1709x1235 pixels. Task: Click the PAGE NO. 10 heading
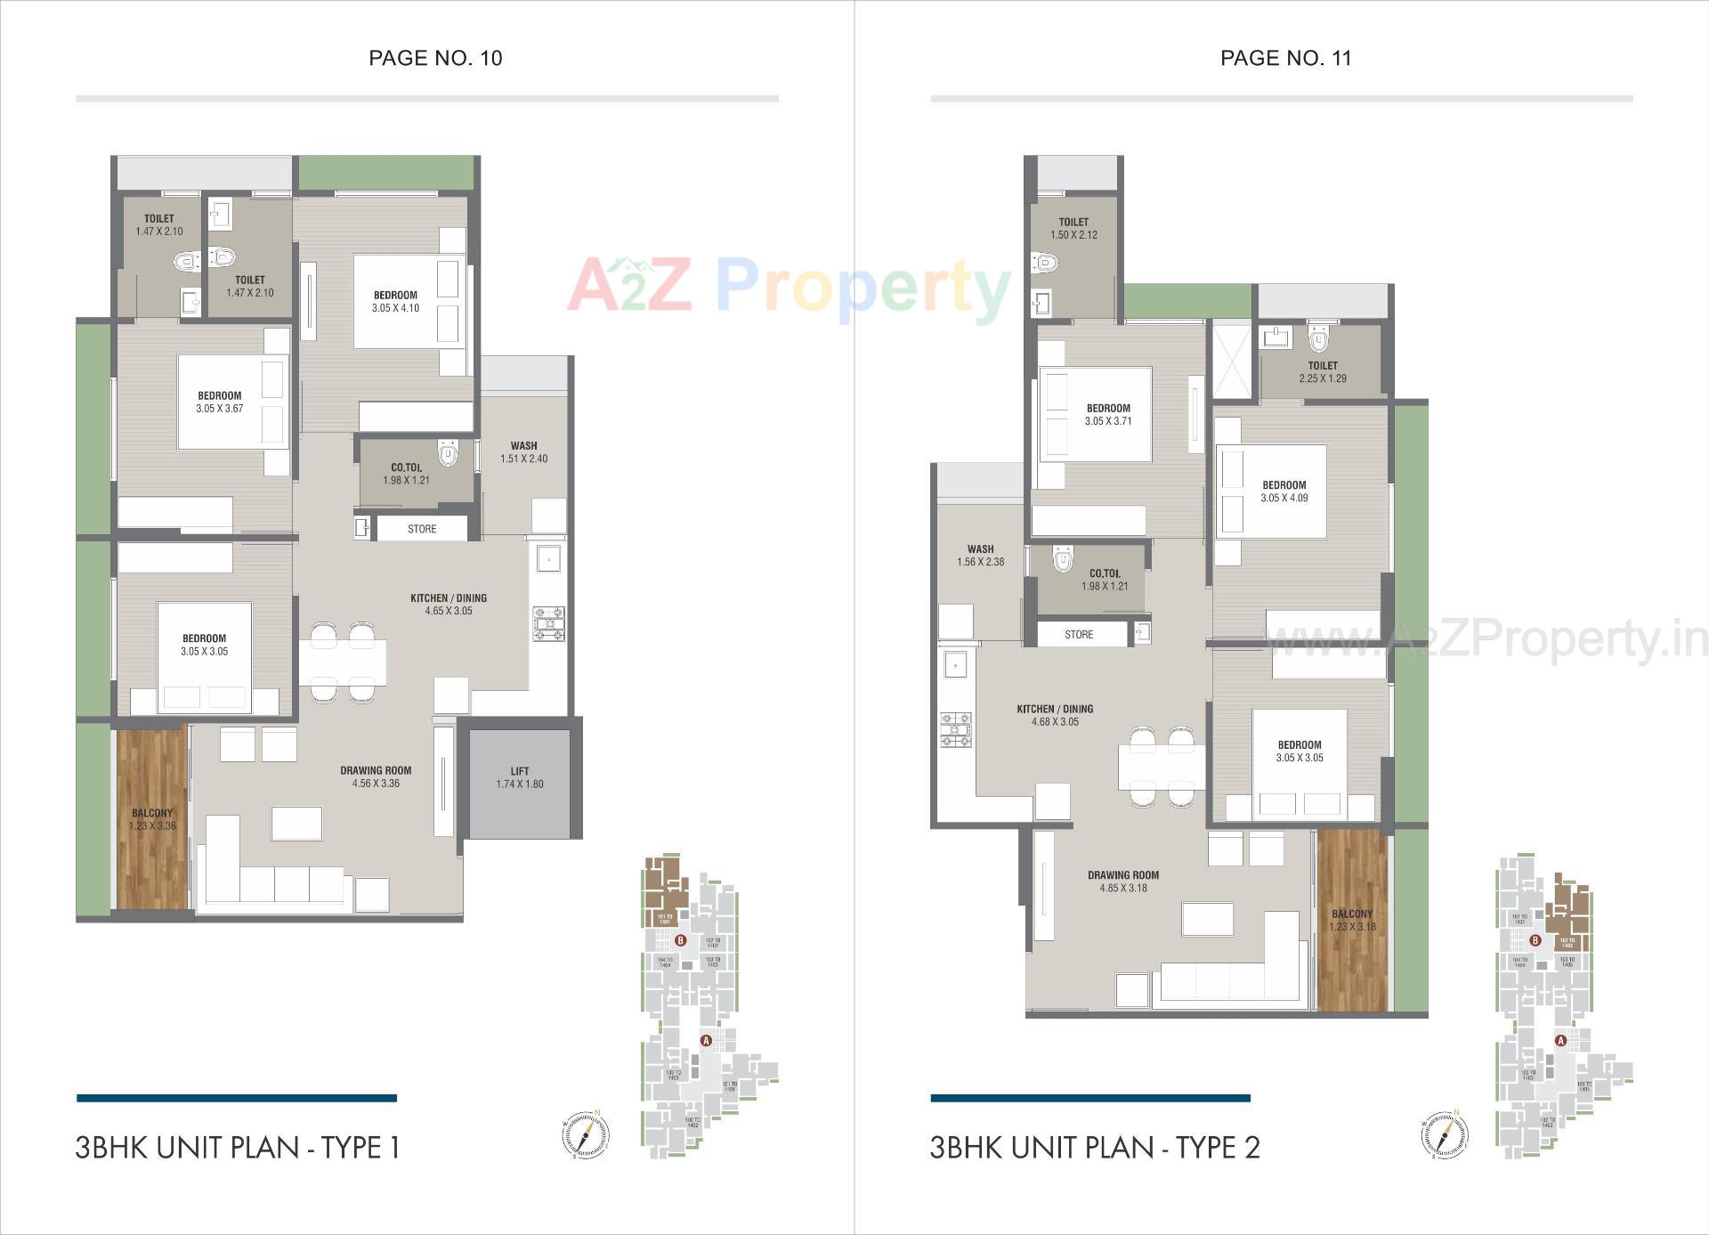pyautogui.click(x=435, y=59)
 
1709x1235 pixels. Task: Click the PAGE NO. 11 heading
pyautogui.click(x=1285, y=59)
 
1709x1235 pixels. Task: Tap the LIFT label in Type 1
pyautogui.click(x=520, y=771)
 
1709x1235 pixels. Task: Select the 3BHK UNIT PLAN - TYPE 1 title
pyautogui.click(x=238, y=1147)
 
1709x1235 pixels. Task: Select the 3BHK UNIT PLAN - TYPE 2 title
pyautogui.click(x=1095, y=1147)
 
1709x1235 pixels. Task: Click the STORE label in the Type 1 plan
pyautogui.click(x=422, y=529)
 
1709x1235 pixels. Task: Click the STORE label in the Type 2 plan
pyautogui.click(x=1079, y=635)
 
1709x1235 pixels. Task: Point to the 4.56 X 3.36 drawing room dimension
pyautogui.click(x=376, y=784)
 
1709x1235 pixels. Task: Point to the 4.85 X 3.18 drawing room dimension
pyautogui.click(x=1123, y=888)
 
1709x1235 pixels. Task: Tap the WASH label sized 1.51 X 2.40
pyautogui.click(x=523, y=446)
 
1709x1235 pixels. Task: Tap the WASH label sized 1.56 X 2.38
pyautogui.click(x=981, y=549)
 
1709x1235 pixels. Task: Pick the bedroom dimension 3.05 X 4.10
pyautogui.click(x=395, y=308)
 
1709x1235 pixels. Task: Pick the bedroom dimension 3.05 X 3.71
pyautogui.click(x=1108, y=421)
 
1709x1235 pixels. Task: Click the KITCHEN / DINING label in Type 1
pyautogui.click(x=449, y=598)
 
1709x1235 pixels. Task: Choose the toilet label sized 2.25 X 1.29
pyautogui.click(x=1323, y=366)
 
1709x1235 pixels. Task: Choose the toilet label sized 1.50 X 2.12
pyautogui.click(x=1073, y=223)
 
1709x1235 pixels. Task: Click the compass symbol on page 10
pyautogui.click(x=586, y=1134)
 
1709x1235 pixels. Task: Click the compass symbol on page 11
pyautogui.click(x=1445, y=1134)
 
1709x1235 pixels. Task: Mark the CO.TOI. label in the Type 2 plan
pyautogui.click(x=1106, y=573)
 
